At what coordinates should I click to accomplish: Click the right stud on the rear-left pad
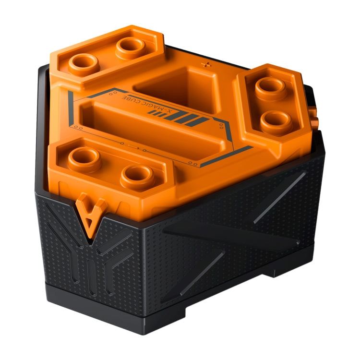(x=130, y=46)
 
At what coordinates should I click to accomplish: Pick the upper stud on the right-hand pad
(x=270, y=86)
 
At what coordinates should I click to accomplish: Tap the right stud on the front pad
(x=137, y=175)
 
